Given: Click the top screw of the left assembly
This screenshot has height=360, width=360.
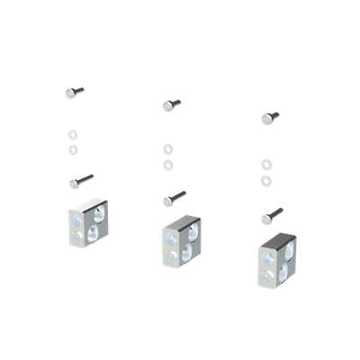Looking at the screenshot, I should point(76,92).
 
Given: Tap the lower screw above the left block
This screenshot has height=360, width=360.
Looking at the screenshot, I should point(80,181).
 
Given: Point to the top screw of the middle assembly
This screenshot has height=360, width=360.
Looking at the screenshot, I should point(172,105).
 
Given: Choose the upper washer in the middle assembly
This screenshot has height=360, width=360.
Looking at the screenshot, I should point(167,149).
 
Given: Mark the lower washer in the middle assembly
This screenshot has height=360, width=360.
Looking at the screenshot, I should point(167,164).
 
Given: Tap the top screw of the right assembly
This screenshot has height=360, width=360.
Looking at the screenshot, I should point(269,117).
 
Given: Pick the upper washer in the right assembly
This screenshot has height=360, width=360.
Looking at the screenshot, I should point(265,165).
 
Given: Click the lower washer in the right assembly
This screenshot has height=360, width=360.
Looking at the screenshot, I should point(265,181).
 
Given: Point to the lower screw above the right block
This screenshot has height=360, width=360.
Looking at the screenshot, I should point(272,216).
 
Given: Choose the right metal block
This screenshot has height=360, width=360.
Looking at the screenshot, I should point(276,265).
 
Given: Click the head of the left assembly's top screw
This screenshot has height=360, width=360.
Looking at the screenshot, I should point(70,93).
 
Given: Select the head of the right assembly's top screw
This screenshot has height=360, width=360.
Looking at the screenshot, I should point(265,119).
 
